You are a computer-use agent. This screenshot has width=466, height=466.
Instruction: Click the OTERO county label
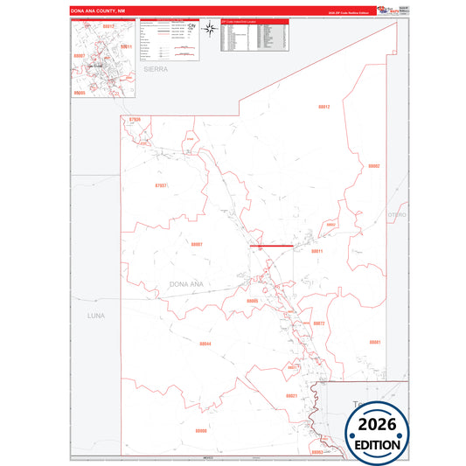(398, 213)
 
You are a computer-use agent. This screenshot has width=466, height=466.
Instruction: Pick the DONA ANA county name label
(187, 284)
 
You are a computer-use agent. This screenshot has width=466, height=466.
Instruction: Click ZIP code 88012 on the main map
(323, 106)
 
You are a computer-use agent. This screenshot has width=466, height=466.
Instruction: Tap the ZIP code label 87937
(160, 185)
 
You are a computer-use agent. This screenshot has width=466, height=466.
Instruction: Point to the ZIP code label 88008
(201, 430)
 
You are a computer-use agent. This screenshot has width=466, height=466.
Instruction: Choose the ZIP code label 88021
(292, 396)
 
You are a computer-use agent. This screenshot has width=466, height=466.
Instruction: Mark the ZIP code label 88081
(374, 341)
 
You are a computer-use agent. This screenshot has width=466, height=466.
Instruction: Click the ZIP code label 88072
(319, 323)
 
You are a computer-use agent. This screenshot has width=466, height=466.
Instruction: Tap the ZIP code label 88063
(316, 451)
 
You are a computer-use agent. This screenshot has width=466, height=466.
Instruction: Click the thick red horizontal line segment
(271, 247)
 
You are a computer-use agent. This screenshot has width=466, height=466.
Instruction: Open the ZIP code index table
(253, 34)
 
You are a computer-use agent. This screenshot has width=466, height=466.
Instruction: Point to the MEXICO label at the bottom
(207, 458)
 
